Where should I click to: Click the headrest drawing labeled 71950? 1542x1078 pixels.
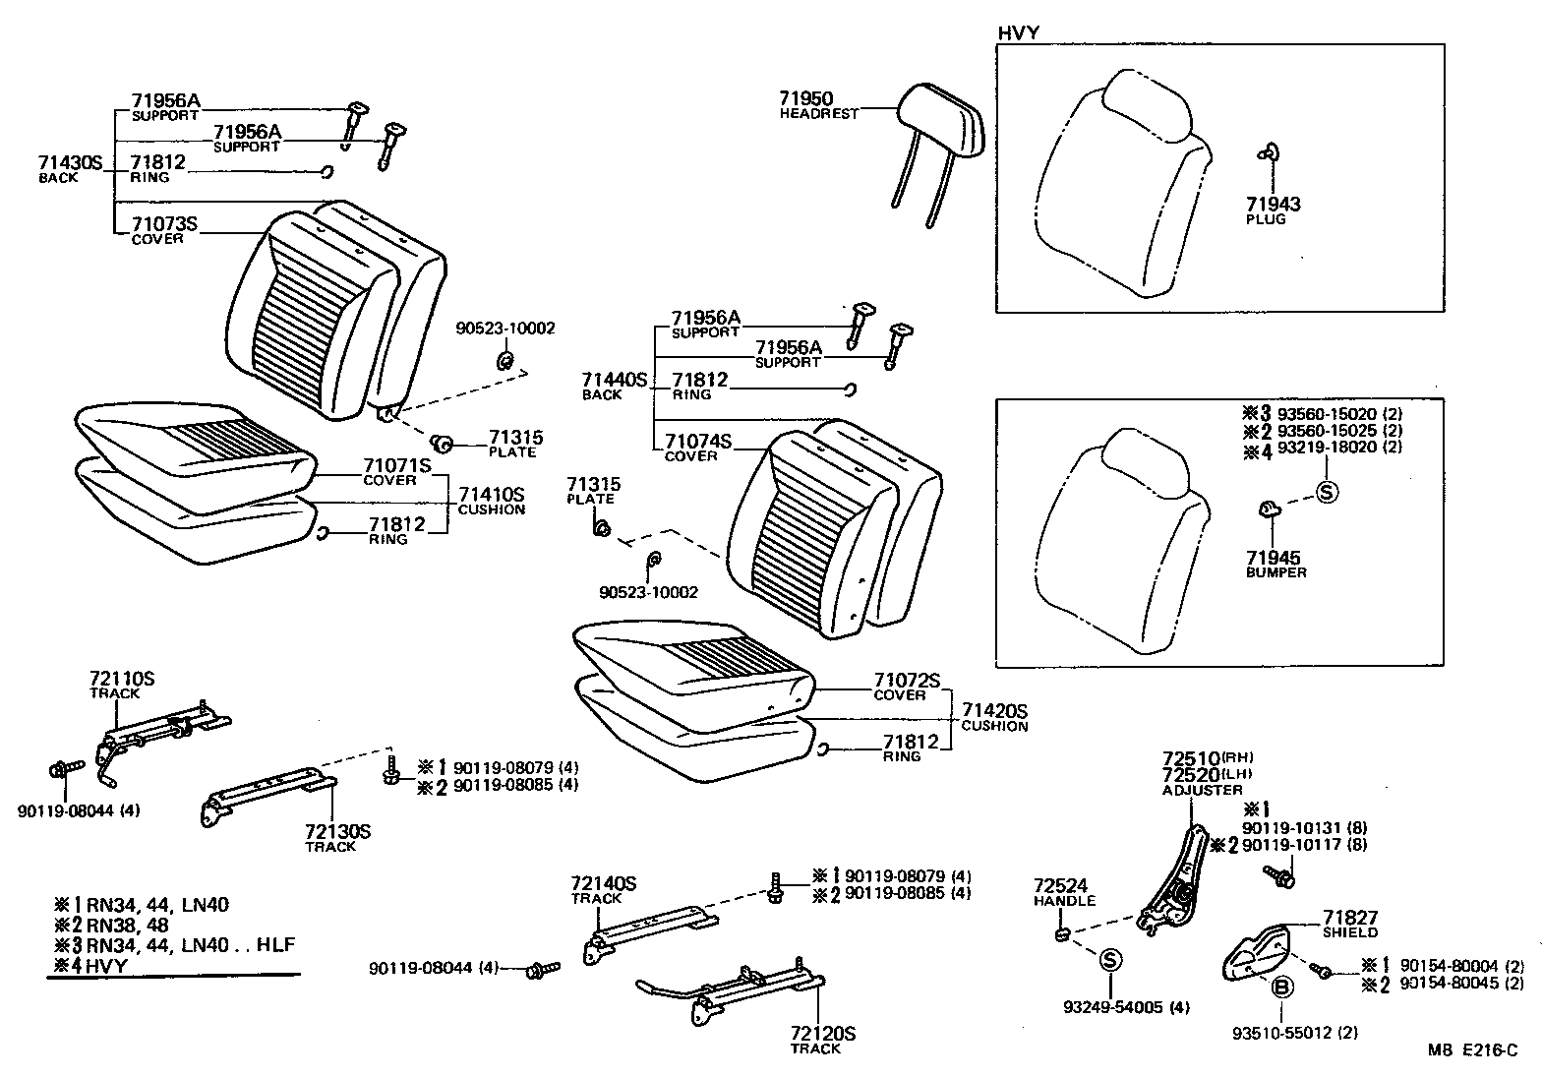[943, 124]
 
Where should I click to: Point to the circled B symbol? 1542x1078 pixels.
[1282, 988]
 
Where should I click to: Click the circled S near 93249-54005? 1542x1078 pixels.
[1108, 959]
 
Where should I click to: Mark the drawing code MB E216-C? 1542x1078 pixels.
[1473, 1050]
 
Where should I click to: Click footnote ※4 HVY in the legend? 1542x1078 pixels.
[93, 966]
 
